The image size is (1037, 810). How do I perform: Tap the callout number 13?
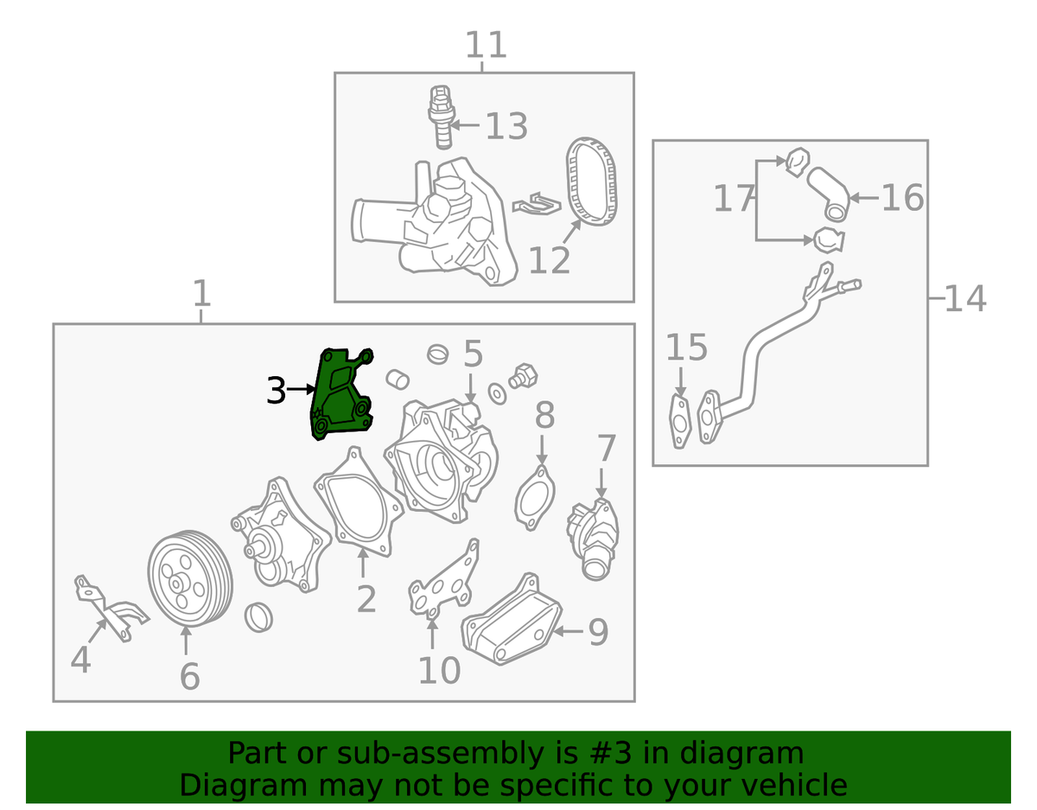click(x=506, y=126)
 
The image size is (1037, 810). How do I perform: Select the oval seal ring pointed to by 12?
click(x=591, y=182)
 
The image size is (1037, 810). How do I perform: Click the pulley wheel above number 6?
click(x=189, y=578)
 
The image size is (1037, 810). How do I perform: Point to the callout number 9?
click(x=598, y=631)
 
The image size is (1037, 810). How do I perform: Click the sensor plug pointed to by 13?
click(x=442, y=117)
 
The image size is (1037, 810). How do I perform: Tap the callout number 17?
click(x=734, y=199)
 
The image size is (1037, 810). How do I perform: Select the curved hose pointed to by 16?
click(x=829, y=195)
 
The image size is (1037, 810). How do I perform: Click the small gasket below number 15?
click(x=679, y=422)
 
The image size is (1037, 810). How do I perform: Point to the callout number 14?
click(x=965, y=299)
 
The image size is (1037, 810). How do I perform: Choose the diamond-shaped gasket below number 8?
click(x=535, y=498)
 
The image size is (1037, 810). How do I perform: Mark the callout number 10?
click(x=440, y=670)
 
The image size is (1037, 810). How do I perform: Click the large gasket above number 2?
click(x=358, y=501)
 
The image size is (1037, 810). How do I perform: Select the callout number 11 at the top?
click(x=486, y=44)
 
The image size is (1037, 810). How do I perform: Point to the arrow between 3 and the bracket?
click(x=301, y=390)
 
